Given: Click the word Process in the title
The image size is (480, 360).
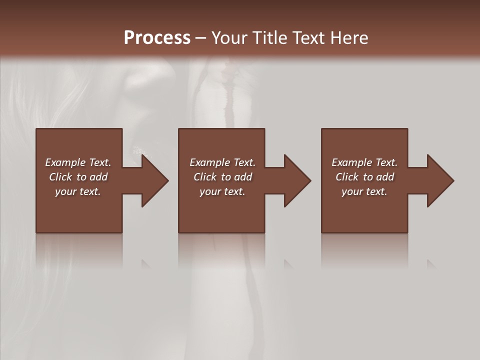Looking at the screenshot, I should pos(157,37).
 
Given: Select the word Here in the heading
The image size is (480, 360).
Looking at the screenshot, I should pos(349,37).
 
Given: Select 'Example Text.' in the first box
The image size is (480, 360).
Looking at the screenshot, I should pos(78,162).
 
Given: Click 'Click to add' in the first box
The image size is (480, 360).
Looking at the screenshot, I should pos(78,177).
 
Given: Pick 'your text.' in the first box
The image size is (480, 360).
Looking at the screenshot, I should pos(78,191).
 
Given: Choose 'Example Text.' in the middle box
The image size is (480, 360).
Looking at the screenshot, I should pos(222,162).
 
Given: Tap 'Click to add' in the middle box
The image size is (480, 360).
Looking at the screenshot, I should pos(222,177).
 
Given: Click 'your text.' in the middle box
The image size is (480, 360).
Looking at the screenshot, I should pos(222,191).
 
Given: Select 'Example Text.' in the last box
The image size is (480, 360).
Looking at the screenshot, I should pos(364,162).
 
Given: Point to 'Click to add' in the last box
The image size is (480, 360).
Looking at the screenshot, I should pos(364,177).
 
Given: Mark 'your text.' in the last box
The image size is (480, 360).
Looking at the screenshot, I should pos(364,191).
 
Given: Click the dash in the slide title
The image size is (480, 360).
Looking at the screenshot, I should pos(200,38).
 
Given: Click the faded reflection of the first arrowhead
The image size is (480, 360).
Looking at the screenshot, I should pos(146,264).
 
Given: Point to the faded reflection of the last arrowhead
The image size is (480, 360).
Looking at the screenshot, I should pos(431,264).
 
